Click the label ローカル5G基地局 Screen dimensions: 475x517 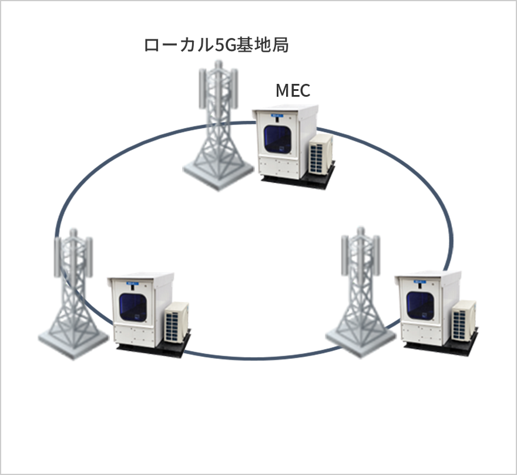click(216, 45)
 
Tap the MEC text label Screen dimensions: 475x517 click(293, 90)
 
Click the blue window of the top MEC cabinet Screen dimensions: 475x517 click(280, 140)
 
